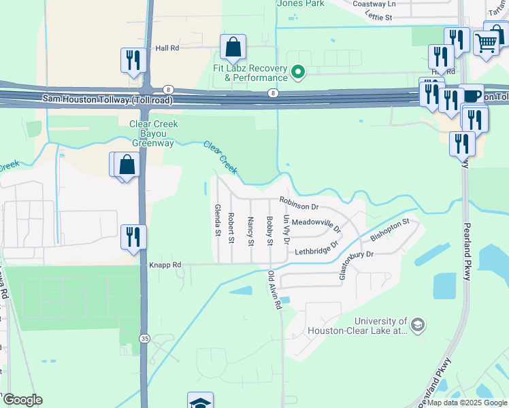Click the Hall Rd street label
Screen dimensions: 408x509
167,48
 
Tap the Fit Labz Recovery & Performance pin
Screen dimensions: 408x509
297,71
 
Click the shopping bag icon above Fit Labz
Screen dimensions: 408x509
233,48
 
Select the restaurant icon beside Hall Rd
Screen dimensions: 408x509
133,60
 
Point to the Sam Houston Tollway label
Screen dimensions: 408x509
107,99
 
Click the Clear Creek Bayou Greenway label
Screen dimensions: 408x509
153,133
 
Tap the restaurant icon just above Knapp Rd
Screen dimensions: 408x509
133,237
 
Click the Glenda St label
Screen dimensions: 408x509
218,221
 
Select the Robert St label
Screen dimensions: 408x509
231,228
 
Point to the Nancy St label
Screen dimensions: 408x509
250,231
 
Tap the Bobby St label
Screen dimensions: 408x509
269,231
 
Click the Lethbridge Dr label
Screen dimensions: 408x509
316,250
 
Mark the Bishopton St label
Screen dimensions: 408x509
389,230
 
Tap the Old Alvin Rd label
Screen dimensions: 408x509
275,291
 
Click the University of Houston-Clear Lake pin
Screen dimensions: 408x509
418,326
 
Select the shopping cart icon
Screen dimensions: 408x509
486,42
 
